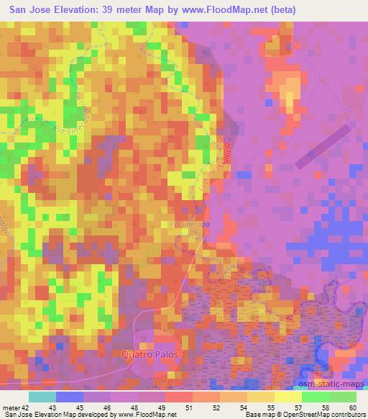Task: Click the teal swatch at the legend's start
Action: pyautogui.click(x=42, y=397)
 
